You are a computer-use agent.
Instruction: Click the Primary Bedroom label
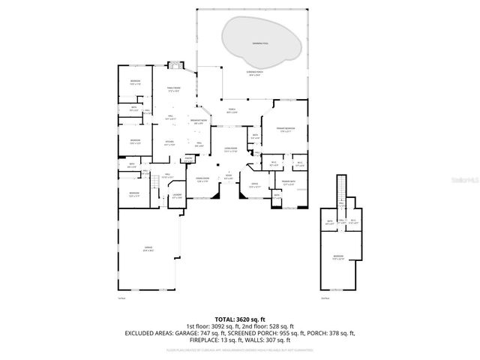284,129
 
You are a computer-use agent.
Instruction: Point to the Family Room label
174,88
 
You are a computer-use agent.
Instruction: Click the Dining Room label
202,181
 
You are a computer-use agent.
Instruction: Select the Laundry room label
177,196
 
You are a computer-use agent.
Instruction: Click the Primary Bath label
289,181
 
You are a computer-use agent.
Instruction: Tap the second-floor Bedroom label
338,258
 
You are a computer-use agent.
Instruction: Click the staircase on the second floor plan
342,187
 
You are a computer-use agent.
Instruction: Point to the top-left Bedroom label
134,82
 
